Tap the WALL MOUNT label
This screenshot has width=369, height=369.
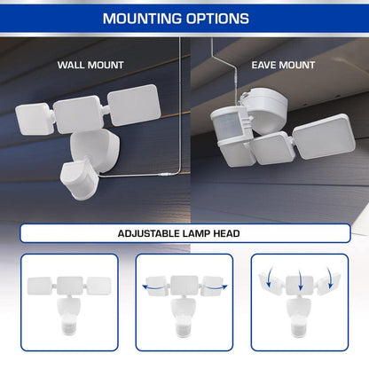(90, 65)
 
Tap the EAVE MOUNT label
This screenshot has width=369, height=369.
(283, 65)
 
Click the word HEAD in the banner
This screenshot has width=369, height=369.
(226, 233)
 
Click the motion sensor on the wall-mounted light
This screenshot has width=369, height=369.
(78, 181)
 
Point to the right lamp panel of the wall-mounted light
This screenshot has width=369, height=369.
(134, 105)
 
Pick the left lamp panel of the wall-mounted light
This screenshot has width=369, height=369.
(35, 119)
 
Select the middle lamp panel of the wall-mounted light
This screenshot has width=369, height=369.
(77, 114)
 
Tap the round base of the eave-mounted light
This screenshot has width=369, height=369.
(266, 110)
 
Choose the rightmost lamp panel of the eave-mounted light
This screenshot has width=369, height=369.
(324, 137)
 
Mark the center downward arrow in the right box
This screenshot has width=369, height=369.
(301, 279)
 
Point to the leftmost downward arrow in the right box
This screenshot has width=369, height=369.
(270, 277)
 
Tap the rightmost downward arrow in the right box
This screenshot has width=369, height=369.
(330, 278)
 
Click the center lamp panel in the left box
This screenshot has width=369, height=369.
(70, 286)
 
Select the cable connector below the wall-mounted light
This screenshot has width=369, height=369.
(163, 175)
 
